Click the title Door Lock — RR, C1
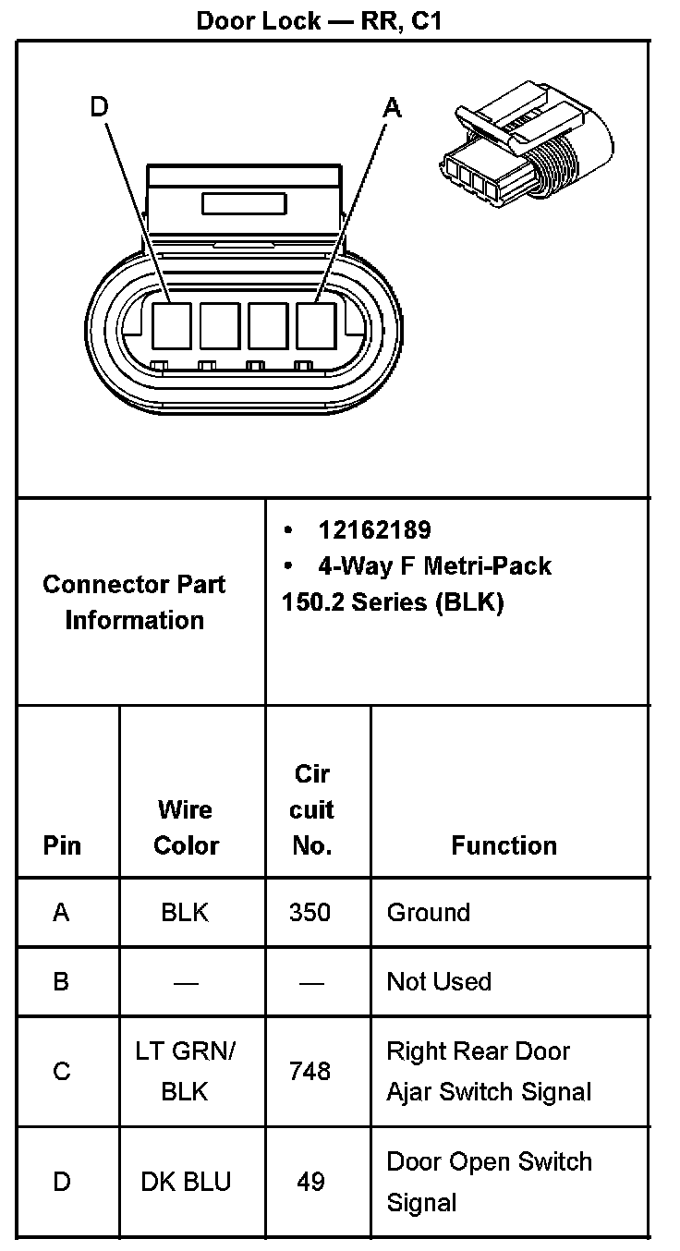click(320, 21)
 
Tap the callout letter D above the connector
click(100, 106)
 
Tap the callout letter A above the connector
click(393, 107)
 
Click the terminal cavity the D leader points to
click(172, 326)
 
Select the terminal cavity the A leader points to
click(316, 326)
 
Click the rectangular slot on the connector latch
click(244, 204)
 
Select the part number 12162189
click(374, 530)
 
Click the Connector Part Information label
click(135, 602)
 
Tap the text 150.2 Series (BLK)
click(393, 602)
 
